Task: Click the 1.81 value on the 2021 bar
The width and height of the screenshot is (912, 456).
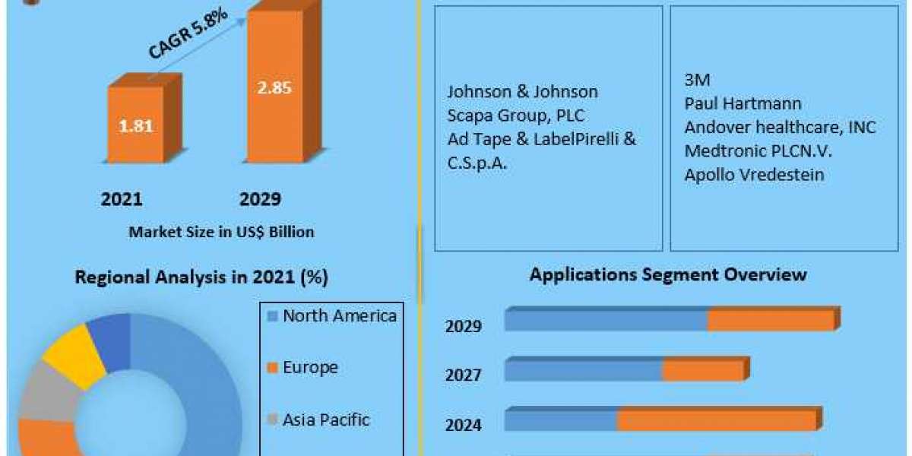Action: tap(135, 126)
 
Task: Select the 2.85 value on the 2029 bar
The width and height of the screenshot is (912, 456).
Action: tap(273, 87)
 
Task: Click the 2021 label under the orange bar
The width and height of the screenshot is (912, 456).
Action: tap(122, 199)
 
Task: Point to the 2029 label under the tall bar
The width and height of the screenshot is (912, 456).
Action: tap(260, 199)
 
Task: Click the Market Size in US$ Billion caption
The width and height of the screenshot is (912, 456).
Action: tap(221, 232)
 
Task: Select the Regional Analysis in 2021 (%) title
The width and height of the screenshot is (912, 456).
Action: tap(201, 278)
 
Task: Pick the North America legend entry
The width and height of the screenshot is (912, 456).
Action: tap(339, 316)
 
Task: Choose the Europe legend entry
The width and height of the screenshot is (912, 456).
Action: tap(310, 368)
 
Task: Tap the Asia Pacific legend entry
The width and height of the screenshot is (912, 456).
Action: tap(325, 419)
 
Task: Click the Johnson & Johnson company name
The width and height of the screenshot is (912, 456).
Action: tap(522, 92)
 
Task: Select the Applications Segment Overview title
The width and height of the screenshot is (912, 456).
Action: tap(668, 274)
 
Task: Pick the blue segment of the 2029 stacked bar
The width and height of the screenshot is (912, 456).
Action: tap(606, 320)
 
